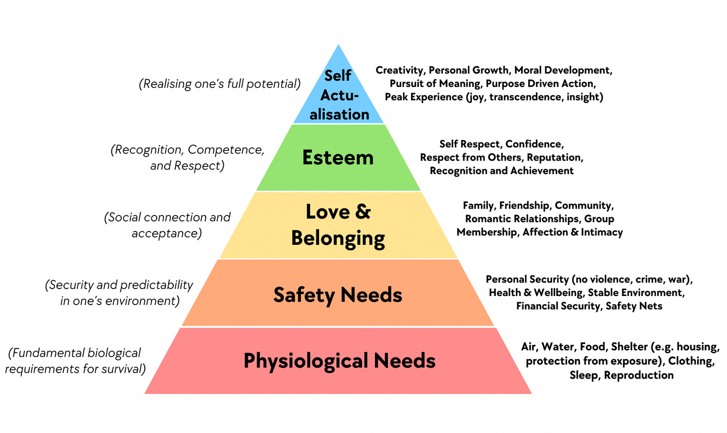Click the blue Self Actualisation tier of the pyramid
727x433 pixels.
pos(339,95)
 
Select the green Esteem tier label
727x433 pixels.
pos(338,157)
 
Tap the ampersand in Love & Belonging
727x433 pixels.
pos(363,211)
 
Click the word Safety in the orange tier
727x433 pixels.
pos(304,294)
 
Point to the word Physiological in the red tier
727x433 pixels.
pos(306,360)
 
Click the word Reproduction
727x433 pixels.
pos(639,375)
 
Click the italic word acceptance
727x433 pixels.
pos(167,233)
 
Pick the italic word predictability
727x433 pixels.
pos(160,285)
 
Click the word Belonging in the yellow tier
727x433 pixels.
pos(338,238)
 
